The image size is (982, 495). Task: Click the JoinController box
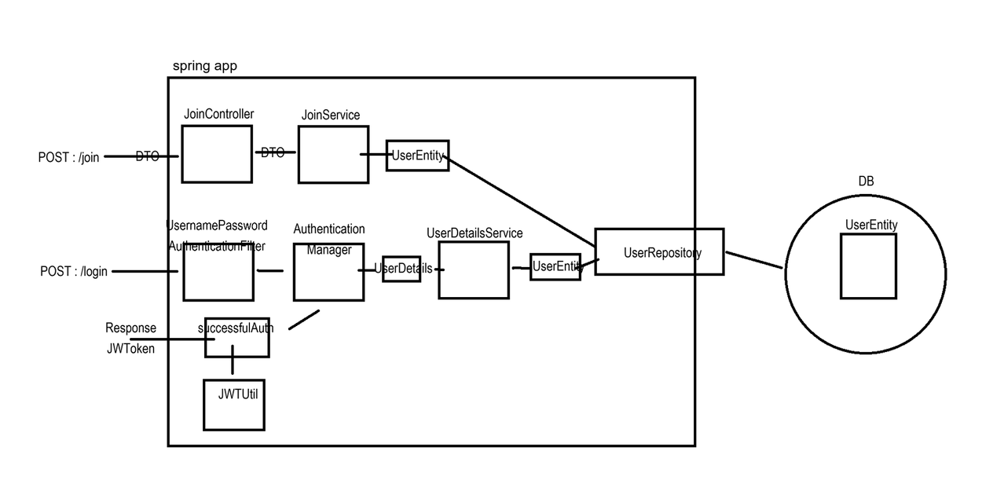click(x=217, y=154)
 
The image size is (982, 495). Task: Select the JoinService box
click(x=333, y=155)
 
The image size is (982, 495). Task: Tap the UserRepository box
click(x=658, y=251)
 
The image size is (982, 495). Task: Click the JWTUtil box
click(x=234, y=405)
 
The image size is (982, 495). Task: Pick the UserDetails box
click(x=401, y=269)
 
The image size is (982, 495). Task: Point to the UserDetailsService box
click(x=473, y=270)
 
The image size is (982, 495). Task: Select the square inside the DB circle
click(x=868, y=266)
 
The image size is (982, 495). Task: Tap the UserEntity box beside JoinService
click(x=417, y=155)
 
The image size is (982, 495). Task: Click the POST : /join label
click(x=68, y=157)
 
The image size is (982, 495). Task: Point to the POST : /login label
click(x=74, y=272)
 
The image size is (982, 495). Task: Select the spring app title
click(x=204, y=66)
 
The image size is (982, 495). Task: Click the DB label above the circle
click(x=866, y=181)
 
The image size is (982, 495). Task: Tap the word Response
click(x=130, y=328)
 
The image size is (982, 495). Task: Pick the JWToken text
click(x=130, y=349)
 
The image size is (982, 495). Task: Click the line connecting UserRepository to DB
click(x=753, y=259)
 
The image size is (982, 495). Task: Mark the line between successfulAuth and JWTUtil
click(x=233, y=368)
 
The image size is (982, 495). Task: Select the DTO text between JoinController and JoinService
click(x=273, y=153)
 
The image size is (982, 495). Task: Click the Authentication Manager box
click(x=328, y=272)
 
